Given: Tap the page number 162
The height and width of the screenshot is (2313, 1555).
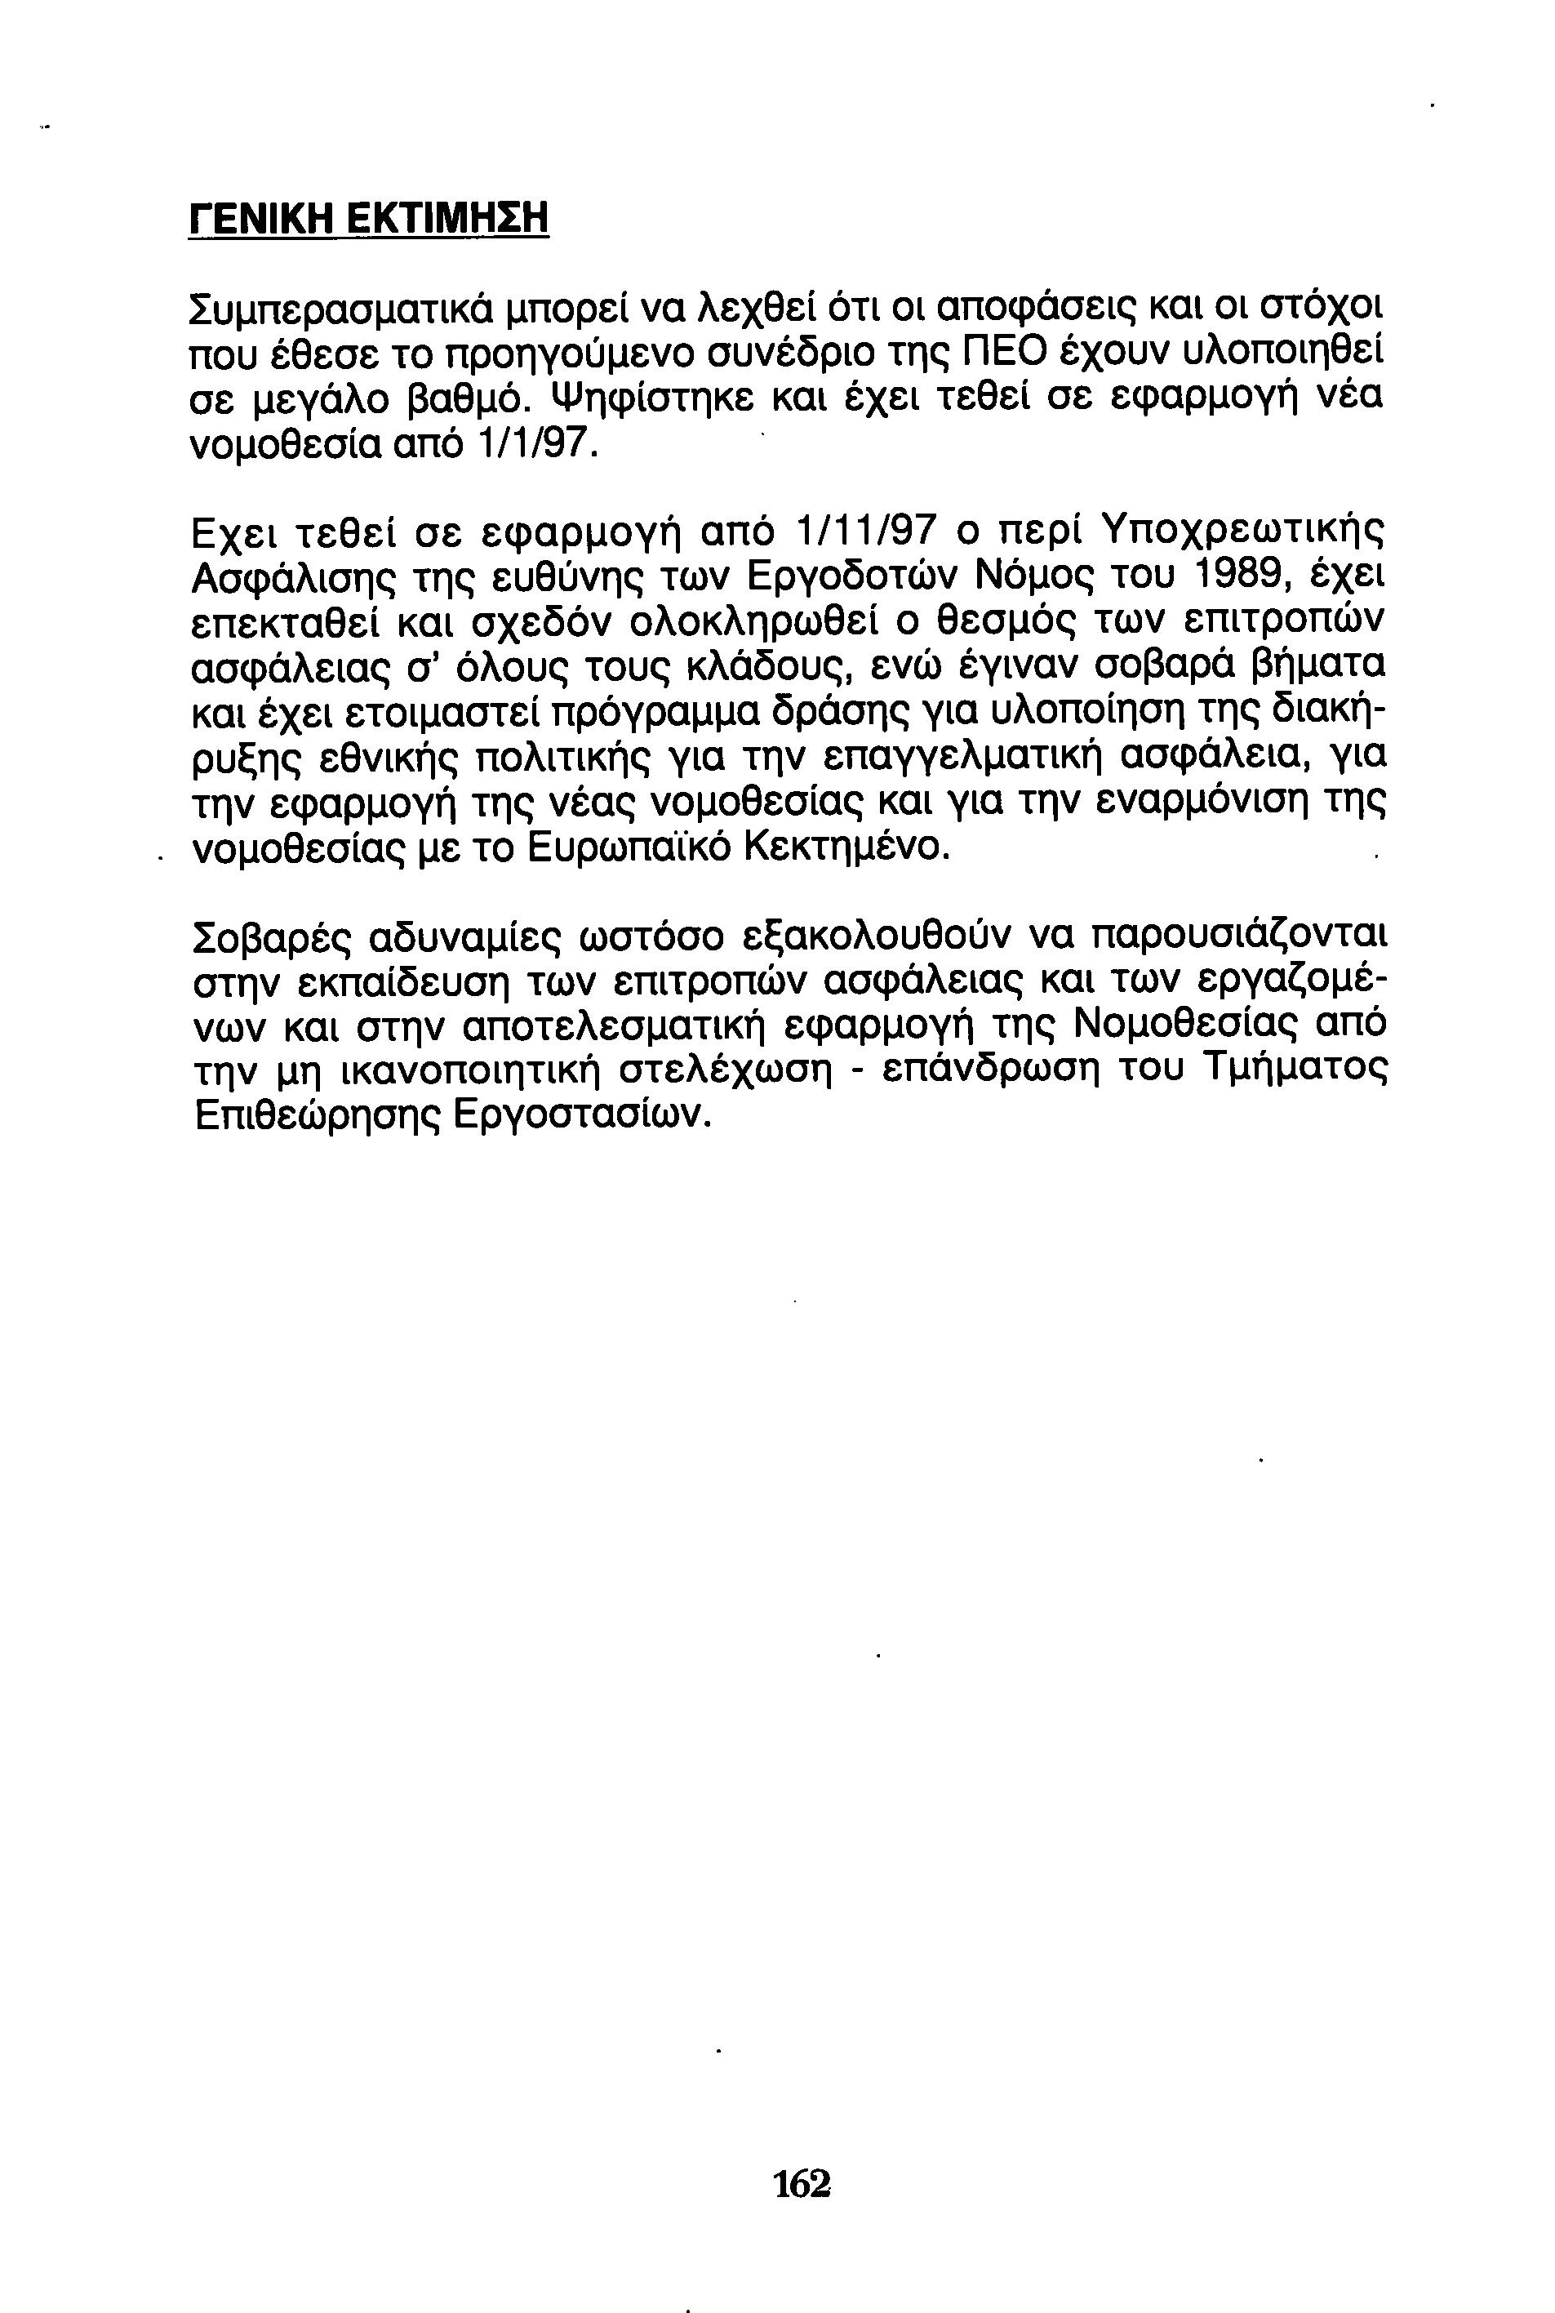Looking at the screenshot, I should (802, 2183).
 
